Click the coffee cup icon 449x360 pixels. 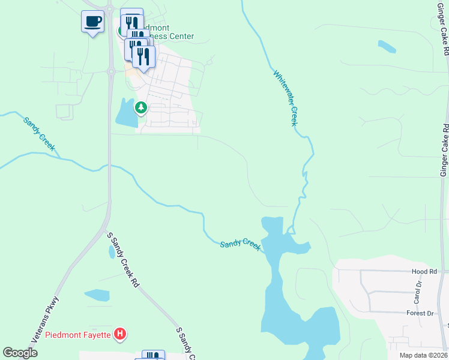(x=92, y=22)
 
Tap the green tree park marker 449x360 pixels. (x=141, y=108)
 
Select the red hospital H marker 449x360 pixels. (x=121, y=334)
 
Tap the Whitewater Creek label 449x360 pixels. (x=286, y=98)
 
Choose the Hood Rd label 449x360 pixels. (x=424, y=272)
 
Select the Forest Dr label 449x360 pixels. (x=420, y=313)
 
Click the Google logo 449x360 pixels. (x=20, y=353)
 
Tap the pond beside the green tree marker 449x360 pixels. (x=127, y=113)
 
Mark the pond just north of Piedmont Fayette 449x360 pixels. (x=97, y=295)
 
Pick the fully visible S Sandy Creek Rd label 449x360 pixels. (x=122, y=260)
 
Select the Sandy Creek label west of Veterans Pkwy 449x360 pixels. (x=40, y=133)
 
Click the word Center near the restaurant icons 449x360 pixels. (x=179, y=37)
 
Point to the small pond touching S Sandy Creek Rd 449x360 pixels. (x=112, y=253)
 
